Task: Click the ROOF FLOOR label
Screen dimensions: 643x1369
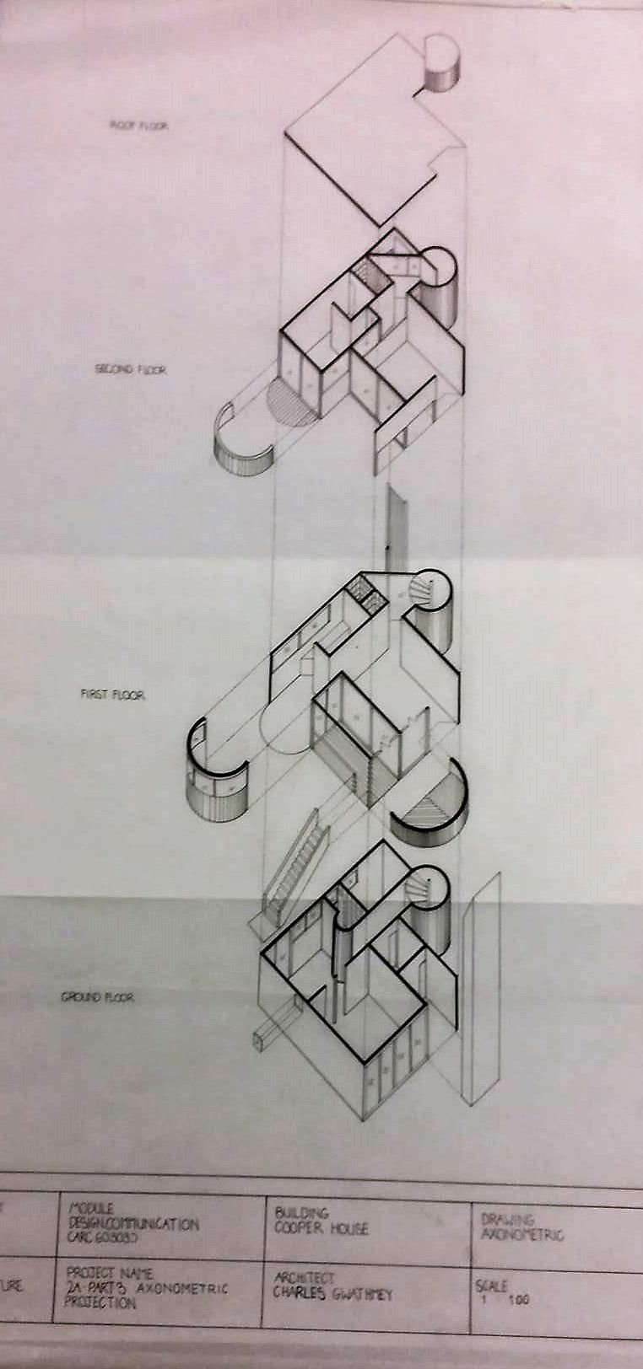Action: tap(139, 126)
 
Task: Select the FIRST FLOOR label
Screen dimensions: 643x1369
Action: tap(113, 695)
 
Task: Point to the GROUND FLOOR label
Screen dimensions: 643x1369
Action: tap(97, 997)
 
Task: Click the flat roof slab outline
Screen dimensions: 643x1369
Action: tap(371, 135)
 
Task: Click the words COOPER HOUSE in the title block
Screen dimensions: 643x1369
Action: tap(321, 1228)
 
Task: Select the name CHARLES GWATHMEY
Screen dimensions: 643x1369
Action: tap(332, 1295)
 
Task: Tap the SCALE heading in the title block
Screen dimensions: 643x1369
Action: tap(492, 1287)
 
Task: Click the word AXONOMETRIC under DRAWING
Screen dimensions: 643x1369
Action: tap(521, 1235)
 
